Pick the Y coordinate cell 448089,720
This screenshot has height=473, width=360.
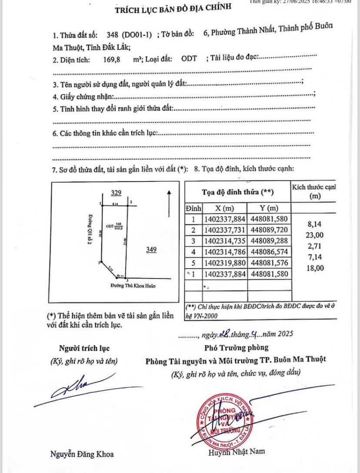[x=269, y=230]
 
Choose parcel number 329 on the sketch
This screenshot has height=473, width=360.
[x=116, y=192]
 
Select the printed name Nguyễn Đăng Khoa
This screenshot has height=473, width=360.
[x=82, y=454]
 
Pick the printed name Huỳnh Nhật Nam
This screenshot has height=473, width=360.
[x=236, y=452]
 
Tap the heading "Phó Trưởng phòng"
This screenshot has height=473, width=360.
[x=236, y=347]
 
